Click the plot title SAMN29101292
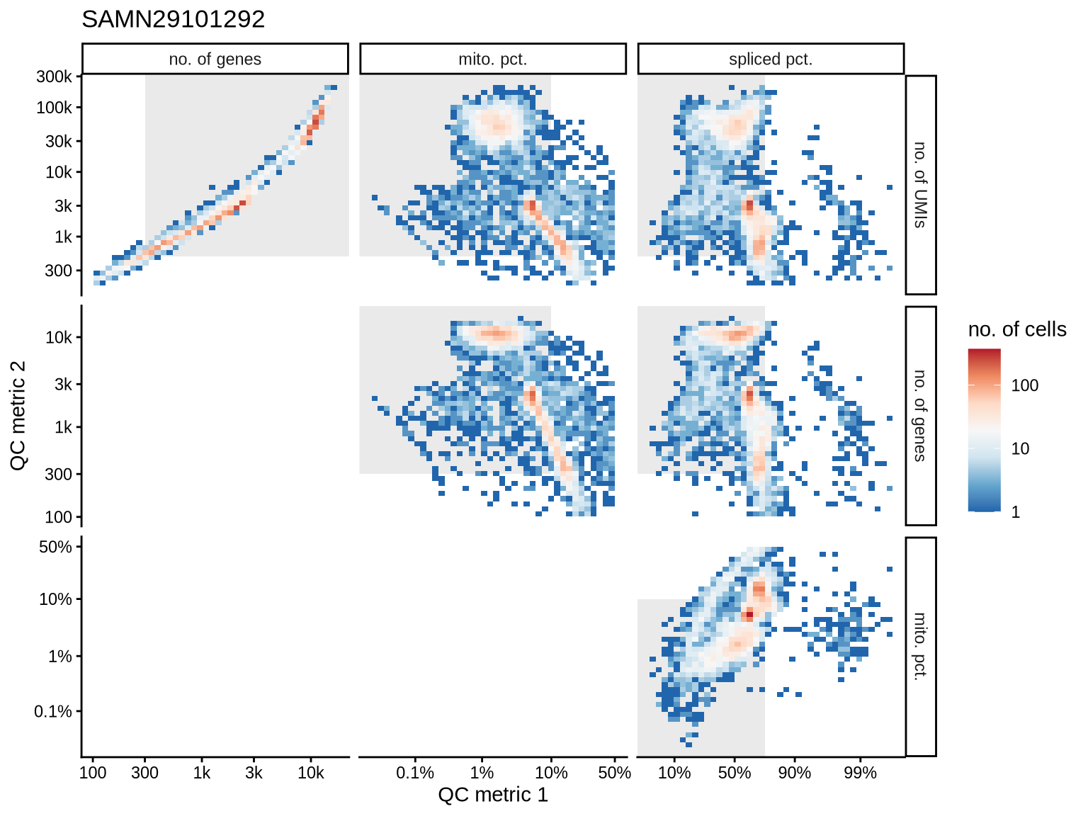tap(174, 19)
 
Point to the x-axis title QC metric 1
tap(493, 795)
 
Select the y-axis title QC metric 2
tap(18, 415)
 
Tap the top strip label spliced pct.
tap(771, 59)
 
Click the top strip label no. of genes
tap(215, 59)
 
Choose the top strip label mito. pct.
tap(493, 59)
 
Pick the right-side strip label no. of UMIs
tap(920, 185)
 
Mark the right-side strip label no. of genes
tap(920, 416)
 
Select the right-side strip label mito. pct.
tap(920, 646)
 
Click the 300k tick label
tap(54, 76)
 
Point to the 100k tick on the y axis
tap(54, 108)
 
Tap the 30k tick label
tap(58, 141)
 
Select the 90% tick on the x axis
tap(795, 773)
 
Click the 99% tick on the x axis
tap(860, 773)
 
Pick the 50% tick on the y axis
tap(55, 547)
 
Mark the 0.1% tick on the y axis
tap(53, 711)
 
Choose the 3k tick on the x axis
tap(254, 773)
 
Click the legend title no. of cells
tap(1017, 329)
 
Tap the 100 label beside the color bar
tap(1024, 385)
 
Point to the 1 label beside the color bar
tap(1016, 512)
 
